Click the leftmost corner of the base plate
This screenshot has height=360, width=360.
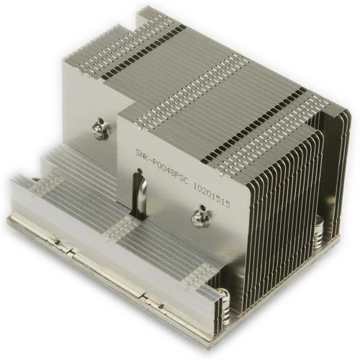[9, 220]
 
